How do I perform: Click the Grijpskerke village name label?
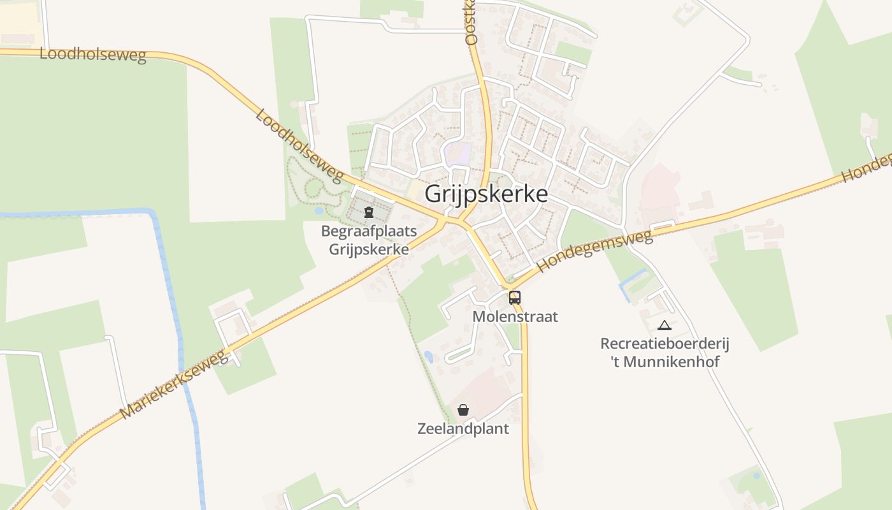coord(486,194)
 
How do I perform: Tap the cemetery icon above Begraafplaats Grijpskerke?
coord(368,212)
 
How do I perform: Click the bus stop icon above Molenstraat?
coord(514,297)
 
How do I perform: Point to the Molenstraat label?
coord(515,316)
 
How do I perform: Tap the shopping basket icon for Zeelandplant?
coord(463,410)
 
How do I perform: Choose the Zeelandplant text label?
coord(463,428)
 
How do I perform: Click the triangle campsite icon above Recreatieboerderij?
coord(665,325)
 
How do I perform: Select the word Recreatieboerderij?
coord(665,344)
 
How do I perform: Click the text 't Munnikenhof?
coord(665,362)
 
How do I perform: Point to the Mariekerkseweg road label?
coord(174,384)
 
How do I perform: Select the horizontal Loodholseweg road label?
coord(93,54)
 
